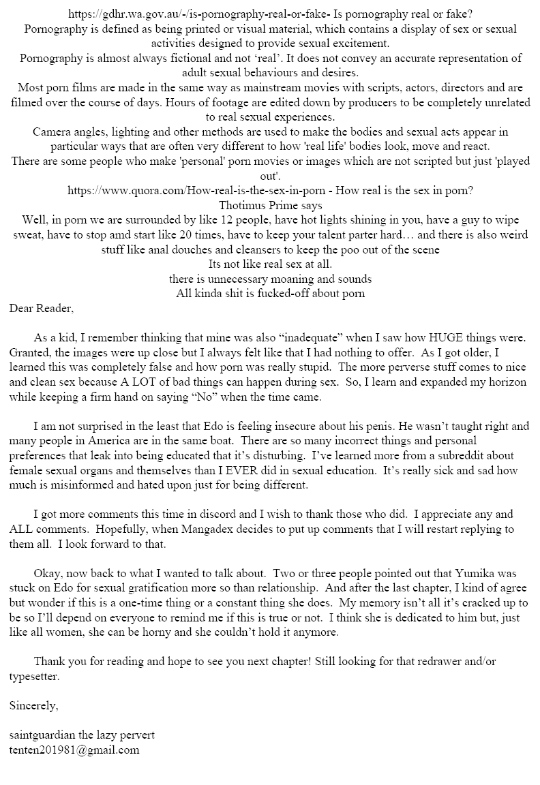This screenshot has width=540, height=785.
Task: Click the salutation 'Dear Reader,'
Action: coord(42,307)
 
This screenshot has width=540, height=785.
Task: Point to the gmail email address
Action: coord(75,750)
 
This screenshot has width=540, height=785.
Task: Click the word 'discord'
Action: coord(224,514)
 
